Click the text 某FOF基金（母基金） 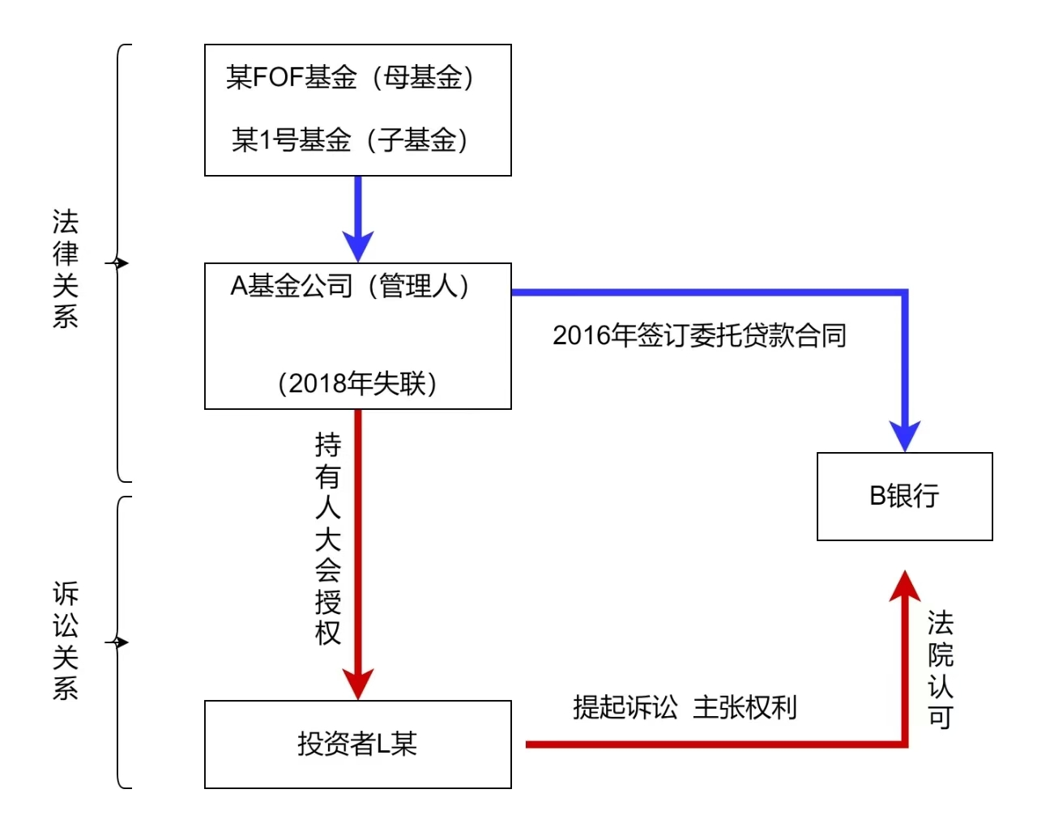click(349, 78)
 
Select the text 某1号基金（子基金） click(349, 140)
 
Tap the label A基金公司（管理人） click(349, 286)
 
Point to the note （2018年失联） click(356, 383)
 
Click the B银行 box click(904, 496)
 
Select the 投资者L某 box click(357, 744)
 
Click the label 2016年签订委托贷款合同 click(699, 335)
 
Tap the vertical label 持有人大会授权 click(328, 538)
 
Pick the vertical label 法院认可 click(940, 669)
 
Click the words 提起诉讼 click(625, 707)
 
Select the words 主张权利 click(745, 707)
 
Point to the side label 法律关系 click(66, 268)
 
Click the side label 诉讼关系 click(66, 640)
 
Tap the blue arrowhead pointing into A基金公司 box click(357, 245)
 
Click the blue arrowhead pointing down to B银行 click(904, 436)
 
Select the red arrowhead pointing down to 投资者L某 click(357, 684)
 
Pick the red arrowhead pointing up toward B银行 click(904, 586)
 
